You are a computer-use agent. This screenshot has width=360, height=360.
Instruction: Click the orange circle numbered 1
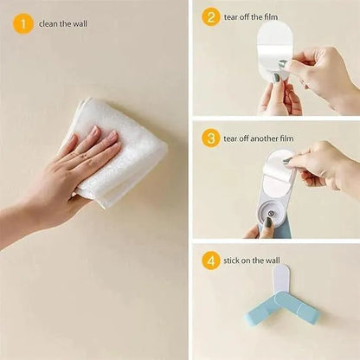point(23,23)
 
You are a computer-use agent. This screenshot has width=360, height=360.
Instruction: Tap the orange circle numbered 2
point(211,17)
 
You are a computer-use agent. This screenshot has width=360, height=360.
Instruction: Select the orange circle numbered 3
point(211,138)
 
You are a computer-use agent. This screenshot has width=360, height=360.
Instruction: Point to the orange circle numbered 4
point(211,260)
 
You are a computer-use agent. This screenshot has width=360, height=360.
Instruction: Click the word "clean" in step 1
point(48,23)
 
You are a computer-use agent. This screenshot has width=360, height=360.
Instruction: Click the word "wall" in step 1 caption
point(80,23)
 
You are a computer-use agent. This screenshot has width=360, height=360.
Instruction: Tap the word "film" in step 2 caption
point(270,17)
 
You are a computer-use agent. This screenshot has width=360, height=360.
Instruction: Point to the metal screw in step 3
point(271,214)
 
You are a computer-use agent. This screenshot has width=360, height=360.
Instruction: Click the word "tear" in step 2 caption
point(231,17)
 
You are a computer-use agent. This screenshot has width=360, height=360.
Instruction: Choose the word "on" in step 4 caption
point(246,260)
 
